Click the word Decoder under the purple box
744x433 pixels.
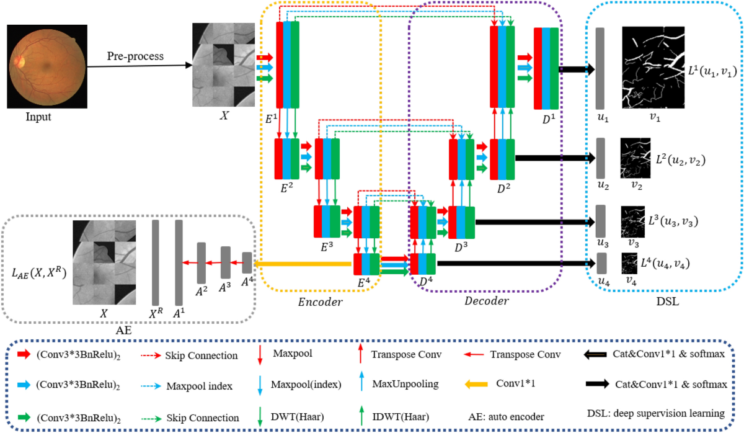pos(487,301)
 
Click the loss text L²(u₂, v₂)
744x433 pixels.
pos(681,159)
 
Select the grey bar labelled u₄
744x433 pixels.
pos(601,263)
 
